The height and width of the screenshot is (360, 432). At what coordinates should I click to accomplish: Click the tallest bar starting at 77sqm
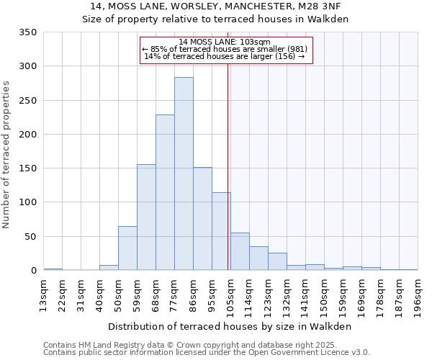[184, 174]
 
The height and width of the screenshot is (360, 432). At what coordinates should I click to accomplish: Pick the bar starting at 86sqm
[202, 219]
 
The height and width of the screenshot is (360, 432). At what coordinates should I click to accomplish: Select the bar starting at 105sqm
[240, 251]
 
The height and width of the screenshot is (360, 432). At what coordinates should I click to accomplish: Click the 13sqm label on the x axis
[43, 296]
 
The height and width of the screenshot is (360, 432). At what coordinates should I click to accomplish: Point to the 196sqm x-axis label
[418, 296]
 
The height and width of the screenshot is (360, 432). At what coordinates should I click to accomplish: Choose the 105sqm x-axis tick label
[230, 296]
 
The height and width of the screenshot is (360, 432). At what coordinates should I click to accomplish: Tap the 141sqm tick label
[305, 296]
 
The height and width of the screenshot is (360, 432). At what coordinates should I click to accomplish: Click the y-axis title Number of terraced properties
[7, 154]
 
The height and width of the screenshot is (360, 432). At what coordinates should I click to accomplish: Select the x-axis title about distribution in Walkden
[230, 326]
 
